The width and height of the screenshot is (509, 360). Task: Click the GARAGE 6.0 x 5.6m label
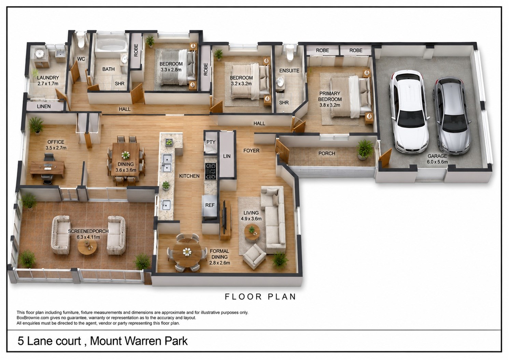[x=437, y=159]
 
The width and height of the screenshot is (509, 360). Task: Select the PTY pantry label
[x=211, y=142]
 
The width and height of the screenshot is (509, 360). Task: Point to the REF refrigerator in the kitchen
[x=210, y=205]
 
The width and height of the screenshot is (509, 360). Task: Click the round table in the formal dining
[x=187, y=252]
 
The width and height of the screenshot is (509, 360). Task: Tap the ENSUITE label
[x=289, y=71]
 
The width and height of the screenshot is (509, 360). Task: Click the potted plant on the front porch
[x=365, y=149]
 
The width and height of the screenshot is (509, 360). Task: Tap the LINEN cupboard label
[x=44, y=106]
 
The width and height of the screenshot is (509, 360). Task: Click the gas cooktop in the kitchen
[x=211, y=172]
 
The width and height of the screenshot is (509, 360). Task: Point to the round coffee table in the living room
[x=252, y=232]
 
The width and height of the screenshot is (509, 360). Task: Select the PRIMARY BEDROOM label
[x=330, y=99]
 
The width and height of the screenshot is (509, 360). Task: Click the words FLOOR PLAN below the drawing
[x=260, y=297]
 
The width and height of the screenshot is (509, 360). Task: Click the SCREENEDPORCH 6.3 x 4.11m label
[x=88, y=234]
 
